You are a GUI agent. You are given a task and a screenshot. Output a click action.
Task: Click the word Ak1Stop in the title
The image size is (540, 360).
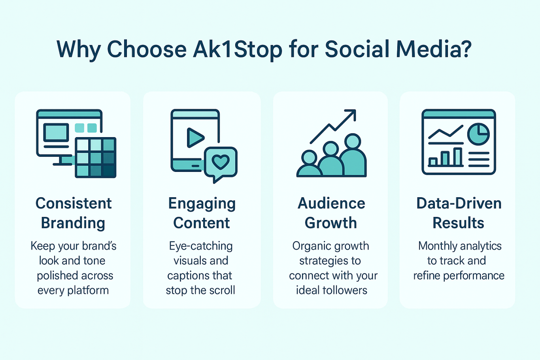238,49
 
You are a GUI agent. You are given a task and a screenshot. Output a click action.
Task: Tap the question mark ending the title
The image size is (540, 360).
464,49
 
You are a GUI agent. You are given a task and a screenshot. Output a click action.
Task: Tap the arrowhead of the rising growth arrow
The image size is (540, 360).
351,115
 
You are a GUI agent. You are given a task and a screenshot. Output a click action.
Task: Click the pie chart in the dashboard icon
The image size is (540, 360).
478,134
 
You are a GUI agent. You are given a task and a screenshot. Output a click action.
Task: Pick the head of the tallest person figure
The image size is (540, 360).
353,141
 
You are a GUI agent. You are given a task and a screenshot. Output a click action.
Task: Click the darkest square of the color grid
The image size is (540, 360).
109,171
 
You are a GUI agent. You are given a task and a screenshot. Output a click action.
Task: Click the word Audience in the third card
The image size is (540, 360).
331,203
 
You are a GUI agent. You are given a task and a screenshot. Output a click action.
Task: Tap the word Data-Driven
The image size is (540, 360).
459,203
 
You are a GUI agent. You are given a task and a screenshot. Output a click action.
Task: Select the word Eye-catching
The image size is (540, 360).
201,247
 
